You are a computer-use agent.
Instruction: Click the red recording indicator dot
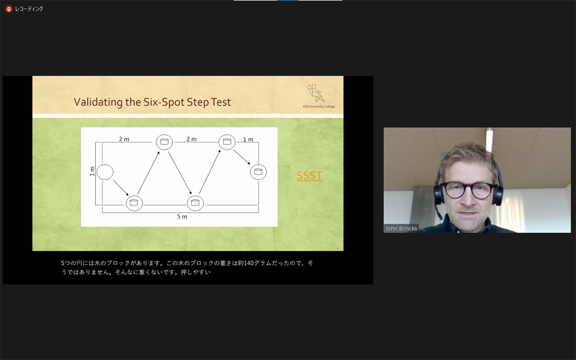pyautogui.click(x=9, y=9)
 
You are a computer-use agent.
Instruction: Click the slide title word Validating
pyautogui.click(x=98, y=102)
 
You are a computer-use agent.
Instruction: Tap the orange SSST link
pyautogui.click(x=309, y=175)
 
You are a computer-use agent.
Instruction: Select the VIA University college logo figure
pyautogui.click(x=316, y=93)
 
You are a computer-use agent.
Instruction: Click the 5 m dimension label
pyautogui.click(x=182, y=217)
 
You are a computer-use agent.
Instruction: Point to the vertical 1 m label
pyautogui.click(x=92, y=171)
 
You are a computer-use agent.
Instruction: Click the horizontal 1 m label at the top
pyautogui.click(x=248, y=140)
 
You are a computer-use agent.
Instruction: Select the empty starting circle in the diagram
pyautogui.click(x=105, y=172)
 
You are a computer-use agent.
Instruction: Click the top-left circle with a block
pyautogui.click(x=164, y=142)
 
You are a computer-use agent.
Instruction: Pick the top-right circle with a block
pyautogui.click(x=227, y=142)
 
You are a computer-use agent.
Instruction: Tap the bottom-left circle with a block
pyautogui.click(x=134, y=203)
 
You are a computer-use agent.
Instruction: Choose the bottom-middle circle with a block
pyautogui.click(x=195, y=203)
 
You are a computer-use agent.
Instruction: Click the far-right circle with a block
pyautogui.click(x=258, y=172)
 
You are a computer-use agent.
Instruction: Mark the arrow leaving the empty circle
pyautogui.click(x=121, y=187)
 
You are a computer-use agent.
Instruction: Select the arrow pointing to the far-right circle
pyautogui.click(x=242, y=156)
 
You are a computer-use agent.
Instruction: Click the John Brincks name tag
pyautogui.click(x=401, y=228)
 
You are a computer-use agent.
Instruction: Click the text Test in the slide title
pyautogui.click(x=221, y=102)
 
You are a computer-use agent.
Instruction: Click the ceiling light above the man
pyautogui.click(x=489, y=140)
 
